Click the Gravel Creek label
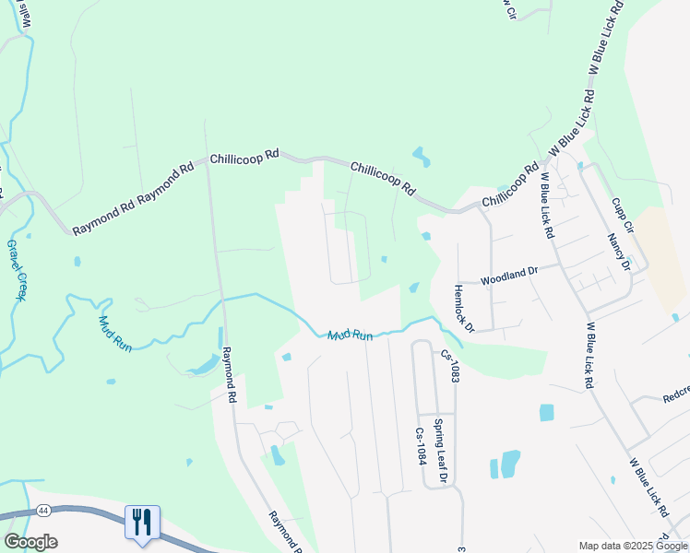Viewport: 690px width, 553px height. [x=18, y=270]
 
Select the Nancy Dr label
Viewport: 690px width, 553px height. [x=618, y=251]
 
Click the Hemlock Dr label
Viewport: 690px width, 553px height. [x=463, y=308]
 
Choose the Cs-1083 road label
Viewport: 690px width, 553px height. [x=450, y=366]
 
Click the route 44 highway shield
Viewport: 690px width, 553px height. [x=43, y=509]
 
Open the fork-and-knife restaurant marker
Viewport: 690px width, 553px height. [x=142, y=523]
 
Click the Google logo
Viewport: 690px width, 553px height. [x=30, y=542]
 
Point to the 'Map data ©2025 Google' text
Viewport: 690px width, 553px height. [x=634, y=546]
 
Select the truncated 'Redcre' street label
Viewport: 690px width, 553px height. [x=676, y=398]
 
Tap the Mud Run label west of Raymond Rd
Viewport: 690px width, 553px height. [x=115, y=334]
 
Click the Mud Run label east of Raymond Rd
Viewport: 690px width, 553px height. [x=351, y=335]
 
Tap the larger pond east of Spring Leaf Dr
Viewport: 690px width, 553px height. [x=510, y=463]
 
